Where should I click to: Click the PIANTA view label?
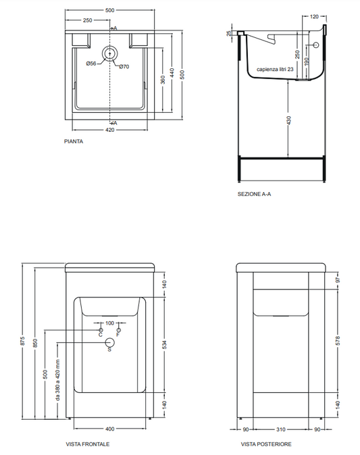74,141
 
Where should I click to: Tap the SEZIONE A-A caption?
254,194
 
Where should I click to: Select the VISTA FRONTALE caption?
88,444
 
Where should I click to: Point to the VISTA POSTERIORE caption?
266,444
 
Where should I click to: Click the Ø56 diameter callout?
91,64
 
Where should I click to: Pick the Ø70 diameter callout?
124,67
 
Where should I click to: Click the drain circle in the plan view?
109,53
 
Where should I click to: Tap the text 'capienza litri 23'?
275,70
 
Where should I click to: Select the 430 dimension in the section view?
288,120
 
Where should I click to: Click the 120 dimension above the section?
314,16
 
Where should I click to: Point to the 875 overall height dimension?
23,341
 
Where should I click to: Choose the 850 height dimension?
35,343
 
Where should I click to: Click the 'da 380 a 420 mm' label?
57,380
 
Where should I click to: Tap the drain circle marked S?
109,343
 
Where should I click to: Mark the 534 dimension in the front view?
165,345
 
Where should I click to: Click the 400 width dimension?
110,429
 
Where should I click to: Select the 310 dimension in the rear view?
281,429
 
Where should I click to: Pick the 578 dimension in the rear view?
338,341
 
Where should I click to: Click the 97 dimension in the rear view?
338,281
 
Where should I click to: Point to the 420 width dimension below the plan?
110,130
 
